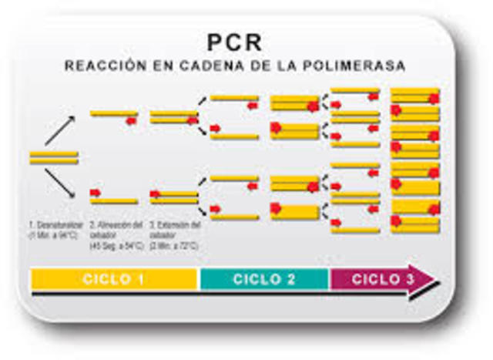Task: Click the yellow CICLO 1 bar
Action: coord(114,278)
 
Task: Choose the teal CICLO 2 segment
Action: coord(264,278)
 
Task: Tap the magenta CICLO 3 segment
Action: coord(377,278)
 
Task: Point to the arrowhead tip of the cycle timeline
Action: coord(437,280)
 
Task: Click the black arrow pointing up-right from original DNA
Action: coord(60,130)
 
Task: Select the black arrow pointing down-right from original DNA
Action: coord(60,183)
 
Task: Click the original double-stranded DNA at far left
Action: coord(54,157)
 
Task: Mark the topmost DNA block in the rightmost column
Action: coord(415,96)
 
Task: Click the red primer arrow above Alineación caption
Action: coord(96,193)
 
